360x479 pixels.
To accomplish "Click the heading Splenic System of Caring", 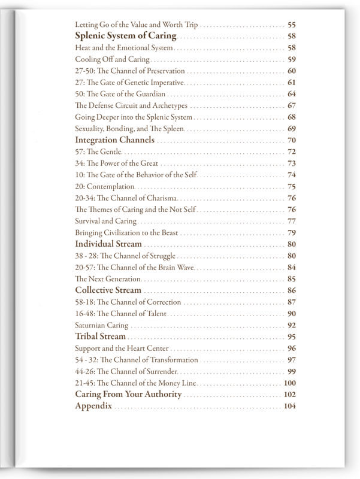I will point(125,36).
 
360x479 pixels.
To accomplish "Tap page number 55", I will point(292,25).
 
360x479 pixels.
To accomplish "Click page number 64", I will point(292,94).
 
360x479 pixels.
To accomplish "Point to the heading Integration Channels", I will point(114,140).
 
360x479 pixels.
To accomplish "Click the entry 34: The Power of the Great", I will point(117,163).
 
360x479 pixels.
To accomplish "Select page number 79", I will point(292,232).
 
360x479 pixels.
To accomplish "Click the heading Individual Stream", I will point(108,244).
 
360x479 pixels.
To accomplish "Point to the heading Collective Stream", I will point(108,290).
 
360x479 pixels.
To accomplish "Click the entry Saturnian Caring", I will point(101,326).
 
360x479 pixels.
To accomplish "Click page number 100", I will point(290,383).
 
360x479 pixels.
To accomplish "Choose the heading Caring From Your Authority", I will point(128,395).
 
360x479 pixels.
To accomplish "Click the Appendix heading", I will point(93,406).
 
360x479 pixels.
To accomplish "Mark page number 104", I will point(290,407).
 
